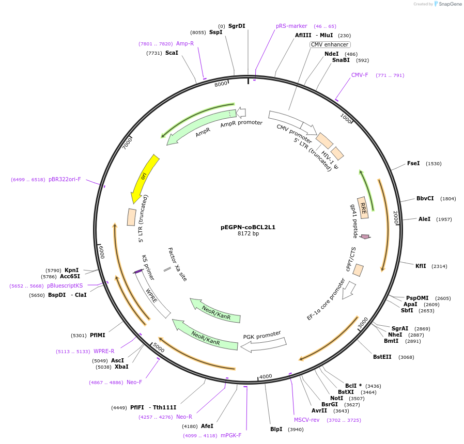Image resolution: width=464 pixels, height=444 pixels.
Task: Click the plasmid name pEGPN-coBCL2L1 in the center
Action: [248, 227]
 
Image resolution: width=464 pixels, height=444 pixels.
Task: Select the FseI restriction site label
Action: [413, 164]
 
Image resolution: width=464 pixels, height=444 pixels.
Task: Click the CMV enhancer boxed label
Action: [330, 44]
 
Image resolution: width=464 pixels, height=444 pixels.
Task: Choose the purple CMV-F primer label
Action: [360, 75]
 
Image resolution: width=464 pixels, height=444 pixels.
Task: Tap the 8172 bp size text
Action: [248, 234]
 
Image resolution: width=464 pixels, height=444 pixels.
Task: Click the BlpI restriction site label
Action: [276, 429]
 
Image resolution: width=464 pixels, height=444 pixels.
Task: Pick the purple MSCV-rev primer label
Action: [307, 420]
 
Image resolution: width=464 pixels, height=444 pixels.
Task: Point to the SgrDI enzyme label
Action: [237, 26]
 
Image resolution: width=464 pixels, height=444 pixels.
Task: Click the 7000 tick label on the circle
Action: [128, 143]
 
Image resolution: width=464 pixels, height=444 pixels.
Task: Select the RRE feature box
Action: [363, 208]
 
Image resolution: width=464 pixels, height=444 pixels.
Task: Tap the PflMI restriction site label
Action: [97, 335]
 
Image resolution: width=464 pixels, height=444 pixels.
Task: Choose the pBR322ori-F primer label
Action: [65, 180]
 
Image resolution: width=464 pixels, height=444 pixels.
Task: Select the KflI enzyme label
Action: [421, 266]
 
